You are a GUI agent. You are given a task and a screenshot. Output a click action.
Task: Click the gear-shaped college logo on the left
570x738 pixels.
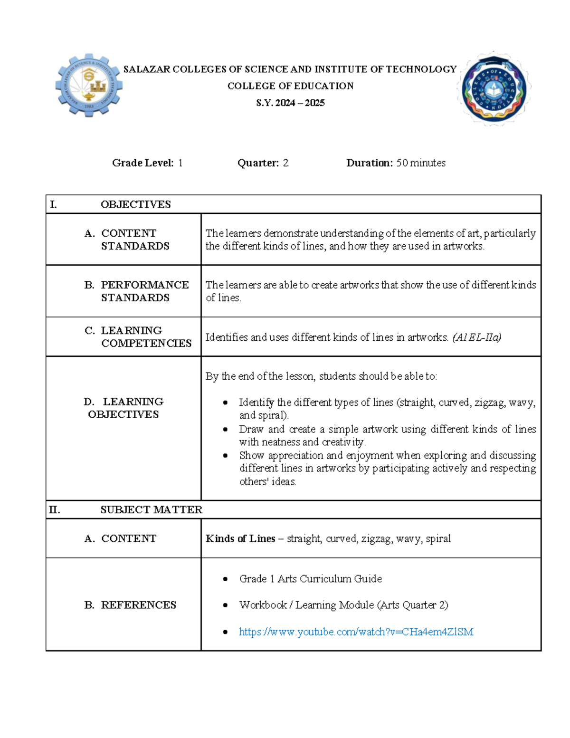pos(89,86)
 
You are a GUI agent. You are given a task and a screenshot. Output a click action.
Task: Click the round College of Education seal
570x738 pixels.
pos(494,88)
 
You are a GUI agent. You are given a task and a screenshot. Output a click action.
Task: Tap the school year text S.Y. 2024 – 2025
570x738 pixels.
pos(290,103)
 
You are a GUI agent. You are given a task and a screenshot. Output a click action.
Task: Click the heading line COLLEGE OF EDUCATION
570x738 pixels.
pos(290,86)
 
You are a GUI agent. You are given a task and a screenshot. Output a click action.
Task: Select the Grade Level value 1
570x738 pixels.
pos(180,163)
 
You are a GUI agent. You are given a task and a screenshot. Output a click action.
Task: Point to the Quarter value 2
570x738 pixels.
pos(285,163)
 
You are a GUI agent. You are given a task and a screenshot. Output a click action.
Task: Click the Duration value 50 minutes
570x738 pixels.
pos(420,163)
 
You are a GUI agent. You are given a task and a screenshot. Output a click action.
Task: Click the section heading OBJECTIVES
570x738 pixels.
pos(135,204)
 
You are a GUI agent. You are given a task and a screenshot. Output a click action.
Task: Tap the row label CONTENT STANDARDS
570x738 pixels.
pos(135,240)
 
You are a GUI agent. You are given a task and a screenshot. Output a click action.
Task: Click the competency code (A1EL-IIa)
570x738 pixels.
pos(476,337)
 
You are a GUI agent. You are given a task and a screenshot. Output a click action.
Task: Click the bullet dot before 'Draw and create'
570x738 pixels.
pos(226,430)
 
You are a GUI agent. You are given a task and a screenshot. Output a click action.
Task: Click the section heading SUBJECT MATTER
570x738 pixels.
pos(151,509)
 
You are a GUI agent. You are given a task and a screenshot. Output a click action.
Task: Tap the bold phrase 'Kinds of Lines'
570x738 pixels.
pos(240,538)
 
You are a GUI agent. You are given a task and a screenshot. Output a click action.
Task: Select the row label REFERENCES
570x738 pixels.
pos(138,605)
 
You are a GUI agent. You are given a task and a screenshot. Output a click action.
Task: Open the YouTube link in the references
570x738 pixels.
pos(356,632)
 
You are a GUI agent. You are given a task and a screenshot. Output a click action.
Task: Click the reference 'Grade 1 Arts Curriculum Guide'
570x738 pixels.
pos(310,579)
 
